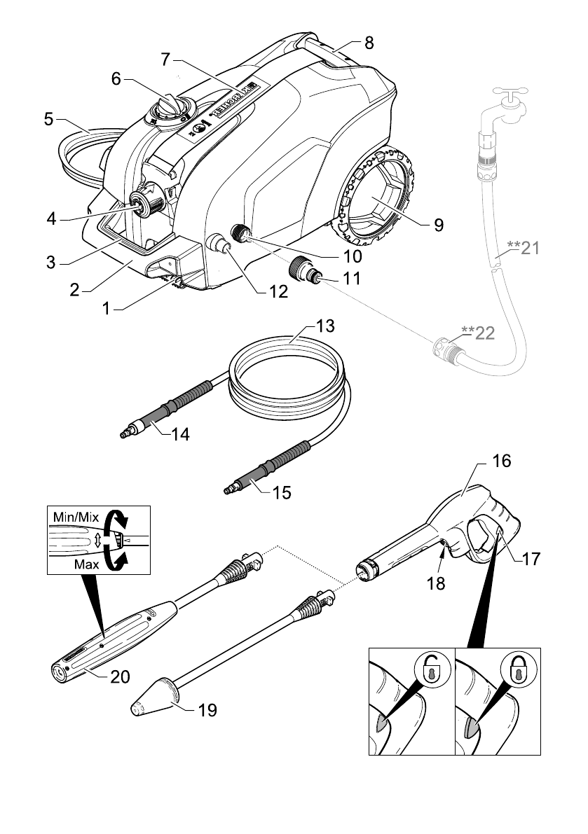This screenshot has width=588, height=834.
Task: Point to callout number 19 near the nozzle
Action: click(207, 710)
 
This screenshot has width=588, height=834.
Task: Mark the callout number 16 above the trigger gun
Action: click(502, 461)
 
